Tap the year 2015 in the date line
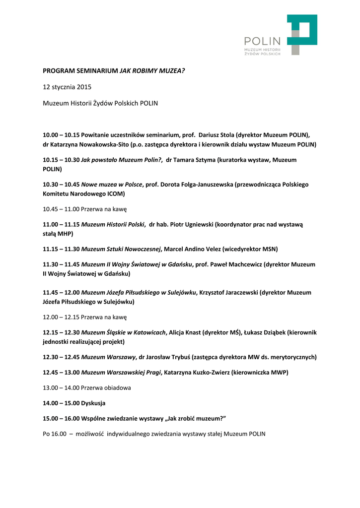tap(84, 87)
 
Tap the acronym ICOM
tap(115, 193)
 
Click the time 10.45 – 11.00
tap(61, 209)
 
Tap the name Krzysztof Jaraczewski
tap(228, 292)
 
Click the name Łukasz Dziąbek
tap(265, 332)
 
